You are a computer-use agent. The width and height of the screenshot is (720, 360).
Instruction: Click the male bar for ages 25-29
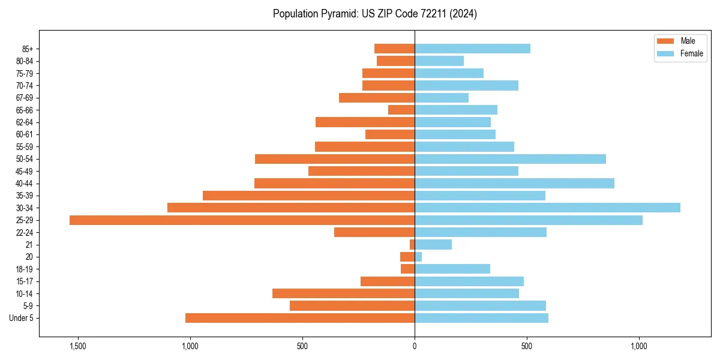(242, 220)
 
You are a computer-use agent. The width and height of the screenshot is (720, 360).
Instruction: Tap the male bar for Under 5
(300, 318)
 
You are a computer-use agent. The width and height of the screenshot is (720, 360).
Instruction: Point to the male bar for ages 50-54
(335, 159)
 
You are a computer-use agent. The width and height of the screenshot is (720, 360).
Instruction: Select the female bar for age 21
(433, 245)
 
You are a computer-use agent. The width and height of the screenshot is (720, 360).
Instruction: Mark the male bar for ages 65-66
(401, 110)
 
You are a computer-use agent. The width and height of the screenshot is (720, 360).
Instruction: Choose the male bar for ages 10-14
(343, 293)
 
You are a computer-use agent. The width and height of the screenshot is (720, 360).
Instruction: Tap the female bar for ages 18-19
(452, 269)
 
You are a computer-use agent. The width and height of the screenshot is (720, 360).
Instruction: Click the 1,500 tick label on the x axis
(78, 346)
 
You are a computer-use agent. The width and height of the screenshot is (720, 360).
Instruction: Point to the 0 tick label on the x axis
(415, 346)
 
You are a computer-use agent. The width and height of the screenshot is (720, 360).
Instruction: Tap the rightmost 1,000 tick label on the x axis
(639, 346)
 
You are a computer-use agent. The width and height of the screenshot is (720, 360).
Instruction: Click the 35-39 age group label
(25, 196)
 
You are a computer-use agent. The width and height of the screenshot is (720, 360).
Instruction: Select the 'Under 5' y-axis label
(22, 318)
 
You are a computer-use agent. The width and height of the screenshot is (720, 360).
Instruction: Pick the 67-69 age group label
(25, 98)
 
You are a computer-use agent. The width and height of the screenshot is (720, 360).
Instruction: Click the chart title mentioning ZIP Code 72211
(375, 14)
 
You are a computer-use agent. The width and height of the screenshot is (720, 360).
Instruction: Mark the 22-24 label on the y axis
(25, 232)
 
